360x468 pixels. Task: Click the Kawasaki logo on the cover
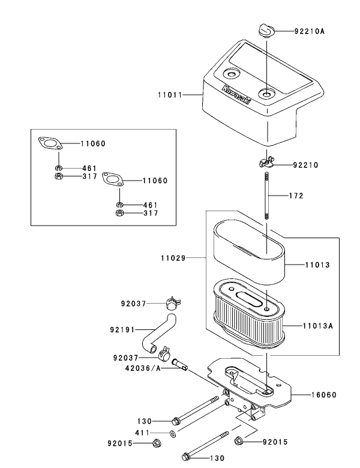click(237, 98)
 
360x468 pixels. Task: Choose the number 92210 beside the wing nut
click(306, 164)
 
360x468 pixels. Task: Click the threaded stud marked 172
click(265, 196)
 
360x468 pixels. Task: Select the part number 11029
click(172, 259)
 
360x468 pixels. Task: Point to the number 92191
click(122, 330)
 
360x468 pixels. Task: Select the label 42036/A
click(142, 368)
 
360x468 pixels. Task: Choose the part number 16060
click(323, 395)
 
